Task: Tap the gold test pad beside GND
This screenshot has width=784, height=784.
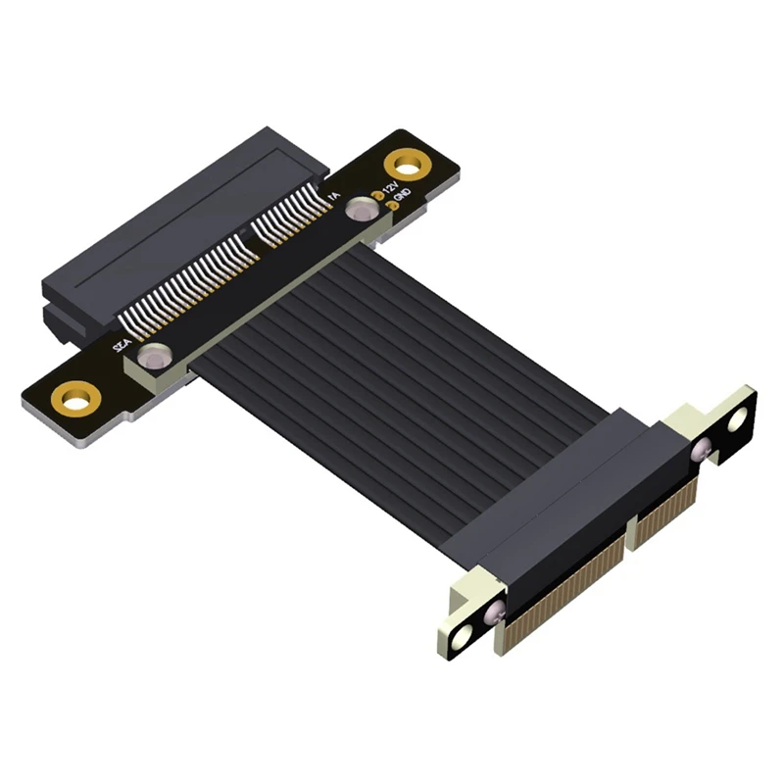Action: coord(389,207)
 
